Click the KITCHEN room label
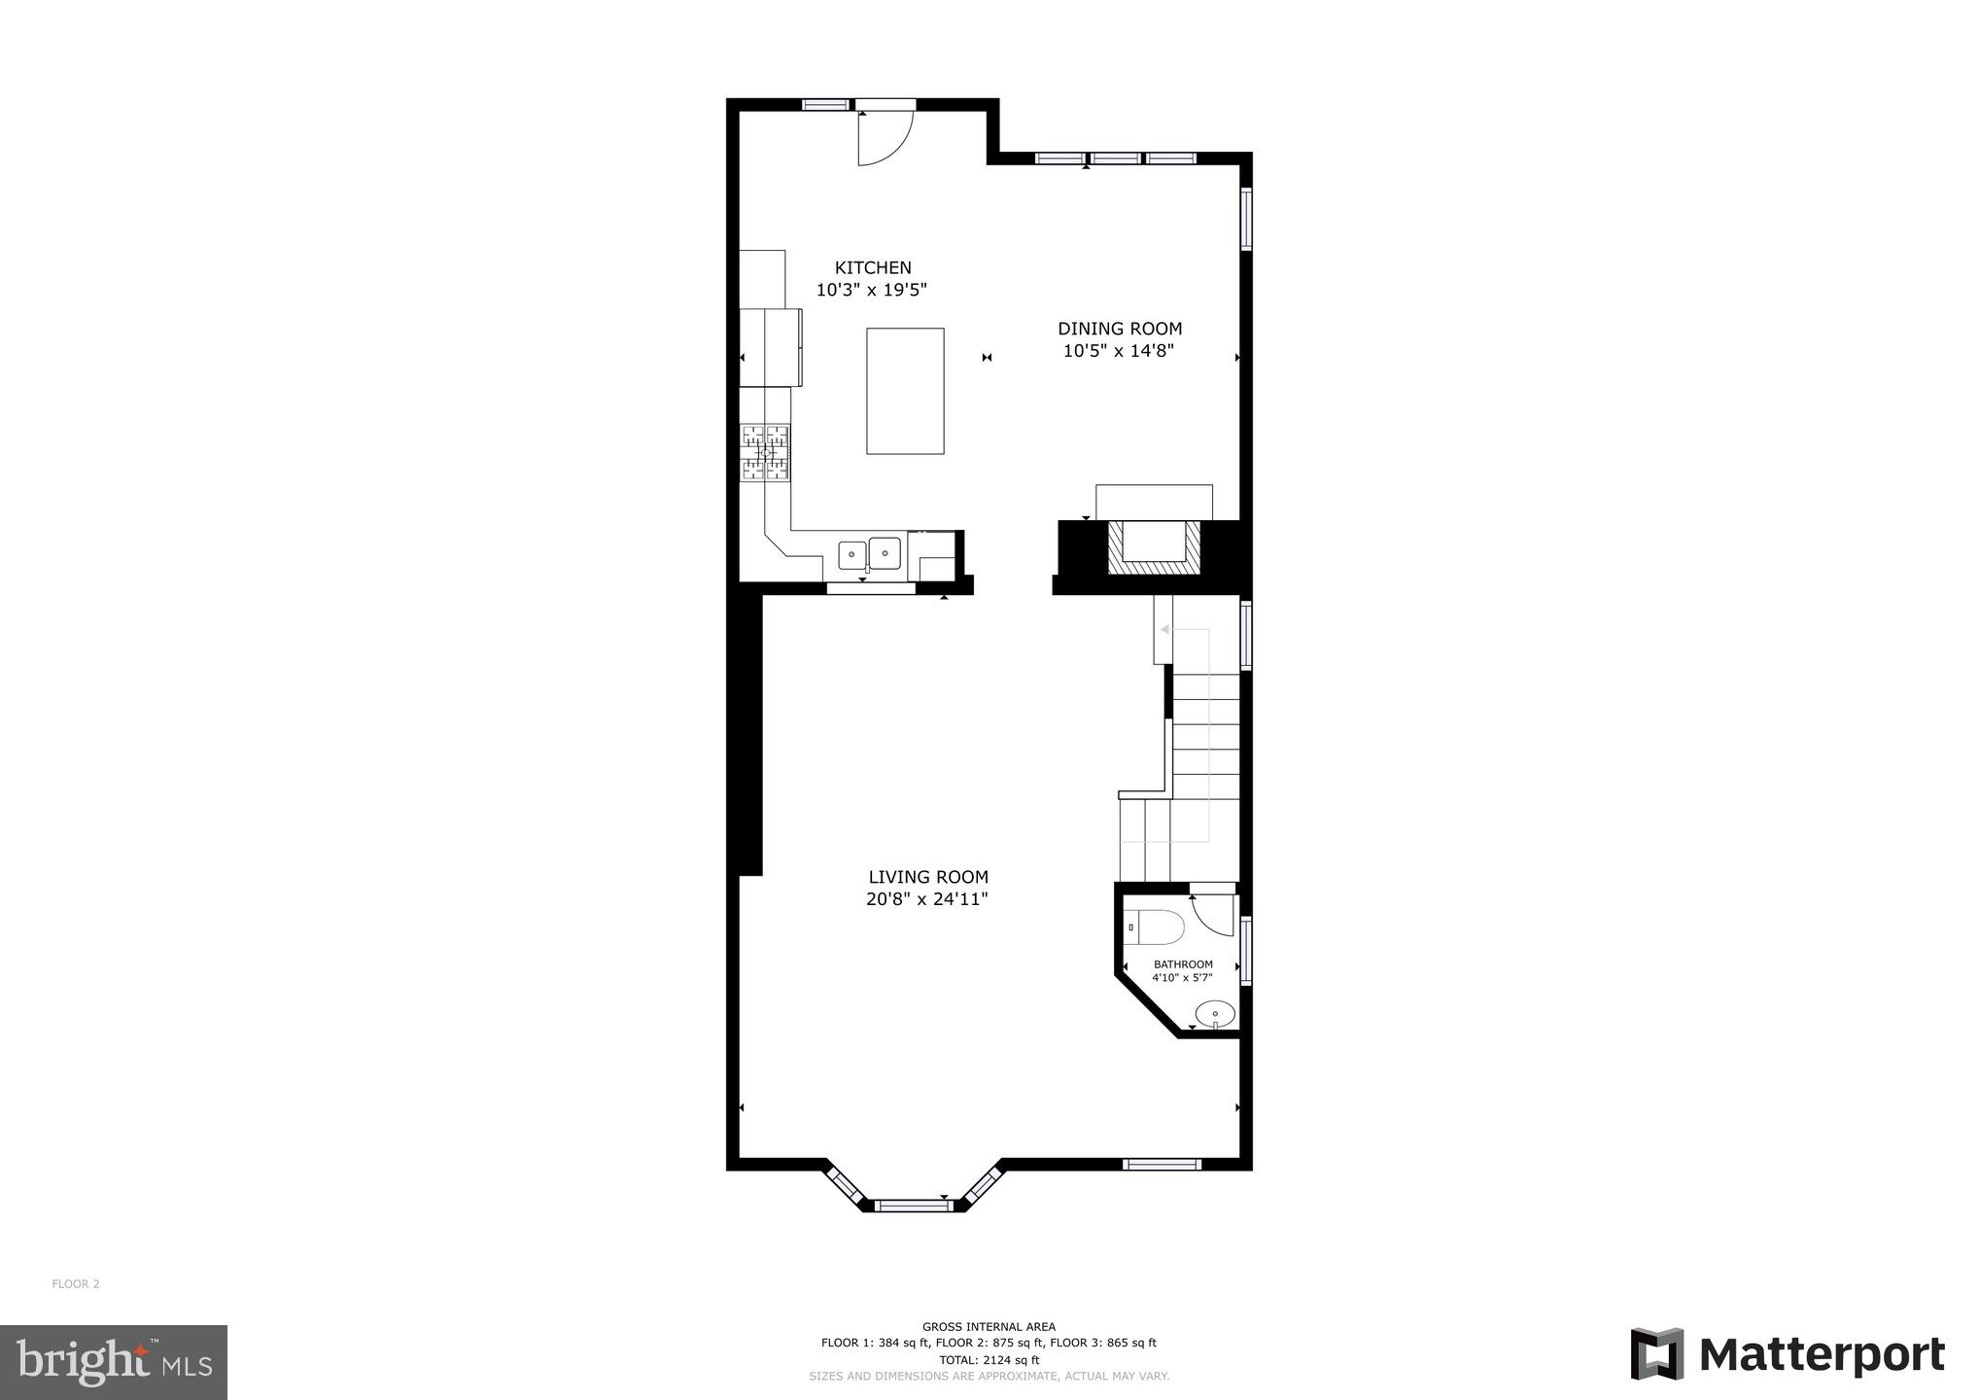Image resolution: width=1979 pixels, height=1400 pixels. (873, 267)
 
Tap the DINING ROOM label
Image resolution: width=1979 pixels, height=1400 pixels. (1120, 329)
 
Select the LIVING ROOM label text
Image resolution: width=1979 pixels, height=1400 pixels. (928, 877)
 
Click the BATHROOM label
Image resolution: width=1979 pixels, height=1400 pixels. (1183, 964)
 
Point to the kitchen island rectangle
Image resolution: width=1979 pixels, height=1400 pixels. (905, 391)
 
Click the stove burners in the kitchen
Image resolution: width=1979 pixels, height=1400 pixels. (766, 453)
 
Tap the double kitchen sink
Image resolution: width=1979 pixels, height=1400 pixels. (869, 554)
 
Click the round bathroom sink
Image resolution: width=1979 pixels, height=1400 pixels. (1215, 1014)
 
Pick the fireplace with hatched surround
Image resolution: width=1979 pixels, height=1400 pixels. (1154, 548)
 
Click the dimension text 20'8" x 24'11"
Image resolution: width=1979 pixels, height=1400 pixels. (927, 900)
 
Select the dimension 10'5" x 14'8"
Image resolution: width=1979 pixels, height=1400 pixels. (1119, 352)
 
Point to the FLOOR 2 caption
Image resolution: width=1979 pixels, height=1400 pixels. (76, 1284)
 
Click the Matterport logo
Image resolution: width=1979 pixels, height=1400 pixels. (1787, 1354)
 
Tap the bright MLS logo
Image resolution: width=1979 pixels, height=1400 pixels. (114, 1362)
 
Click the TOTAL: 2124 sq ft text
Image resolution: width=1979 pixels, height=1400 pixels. (989, 1360)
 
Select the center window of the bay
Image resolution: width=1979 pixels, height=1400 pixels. (912, 1206)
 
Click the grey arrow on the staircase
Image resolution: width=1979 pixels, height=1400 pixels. (1165, 630)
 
